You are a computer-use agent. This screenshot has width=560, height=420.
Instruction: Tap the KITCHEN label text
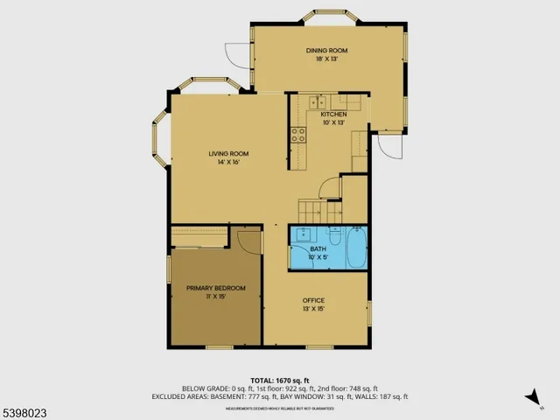(x=333, y=115)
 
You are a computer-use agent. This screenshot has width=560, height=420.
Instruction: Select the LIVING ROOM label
(x=223, y=154)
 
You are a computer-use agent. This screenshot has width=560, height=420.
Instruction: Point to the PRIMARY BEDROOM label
(x=215, y=288)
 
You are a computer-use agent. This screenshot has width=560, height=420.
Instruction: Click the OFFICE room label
(x=313, y=301)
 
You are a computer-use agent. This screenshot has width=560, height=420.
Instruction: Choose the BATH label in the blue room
(x=318, y=249)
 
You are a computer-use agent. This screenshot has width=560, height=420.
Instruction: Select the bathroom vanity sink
(x=304, y=234)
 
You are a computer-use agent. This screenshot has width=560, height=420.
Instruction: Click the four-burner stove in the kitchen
(x=298, y=135)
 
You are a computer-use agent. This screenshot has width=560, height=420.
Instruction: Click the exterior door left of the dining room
(x=237, y=54)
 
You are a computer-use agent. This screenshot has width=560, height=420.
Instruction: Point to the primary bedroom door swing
(x=248, y=241)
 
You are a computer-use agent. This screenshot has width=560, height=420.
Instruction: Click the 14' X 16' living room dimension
(x=223, y=162)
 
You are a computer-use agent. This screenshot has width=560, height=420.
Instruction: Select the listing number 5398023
(x=27, y=409)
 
